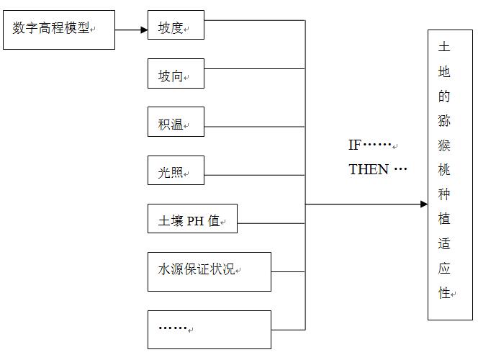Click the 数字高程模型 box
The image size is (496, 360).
[x=59, y=30]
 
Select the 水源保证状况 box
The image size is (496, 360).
[x=209, y=271]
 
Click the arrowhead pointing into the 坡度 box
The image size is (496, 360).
[x=143, y=30]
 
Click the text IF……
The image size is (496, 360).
[x=370, y=145]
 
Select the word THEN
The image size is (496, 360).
[x=369, y=170]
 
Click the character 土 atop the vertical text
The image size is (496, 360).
[x=444, y=48]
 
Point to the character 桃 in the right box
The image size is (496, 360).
[x=444, y=170]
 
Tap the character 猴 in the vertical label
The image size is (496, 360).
[x=444, y=145]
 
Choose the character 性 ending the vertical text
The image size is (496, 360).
[x=444, y=292]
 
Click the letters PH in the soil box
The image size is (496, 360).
[x=196, y=222]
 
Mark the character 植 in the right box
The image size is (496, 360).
[x=444, y=219]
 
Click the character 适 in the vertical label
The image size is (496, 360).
[x=444, y=243]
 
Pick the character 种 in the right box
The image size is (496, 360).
[x=444, y=194]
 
